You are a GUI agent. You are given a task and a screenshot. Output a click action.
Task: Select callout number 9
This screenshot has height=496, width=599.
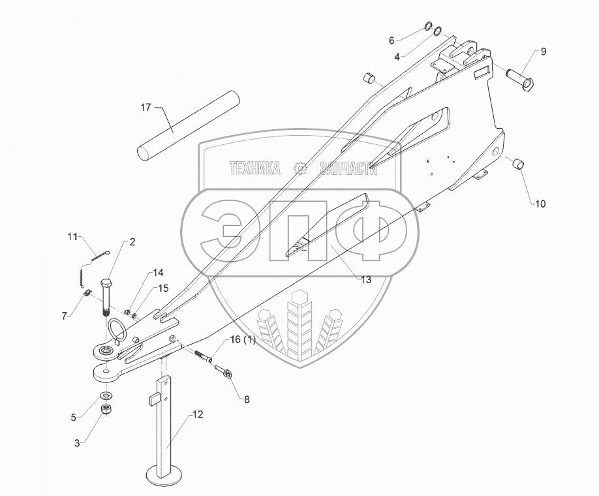pyautogui.click(x=543, y=52)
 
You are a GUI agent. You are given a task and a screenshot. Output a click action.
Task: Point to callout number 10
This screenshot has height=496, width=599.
pyautogui.click(x=540, y=204)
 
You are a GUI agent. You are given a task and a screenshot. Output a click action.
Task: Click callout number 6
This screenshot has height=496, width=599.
pyautogui.click(x=392, y=40)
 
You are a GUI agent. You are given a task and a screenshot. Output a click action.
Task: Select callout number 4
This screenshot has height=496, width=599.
pyautogui.click(x=397, y=57)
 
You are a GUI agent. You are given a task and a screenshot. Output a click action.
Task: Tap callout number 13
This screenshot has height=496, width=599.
pyautogui.click(x=365, y=280)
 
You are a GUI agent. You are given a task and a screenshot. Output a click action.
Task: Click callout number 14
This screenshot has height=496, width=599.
pyautogui.click(x=141, y=273)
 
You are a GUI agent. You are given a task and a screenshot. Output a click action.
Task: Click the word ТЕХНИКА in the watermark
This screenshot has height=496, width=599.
pyautogui.click(x=254, y=169)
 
